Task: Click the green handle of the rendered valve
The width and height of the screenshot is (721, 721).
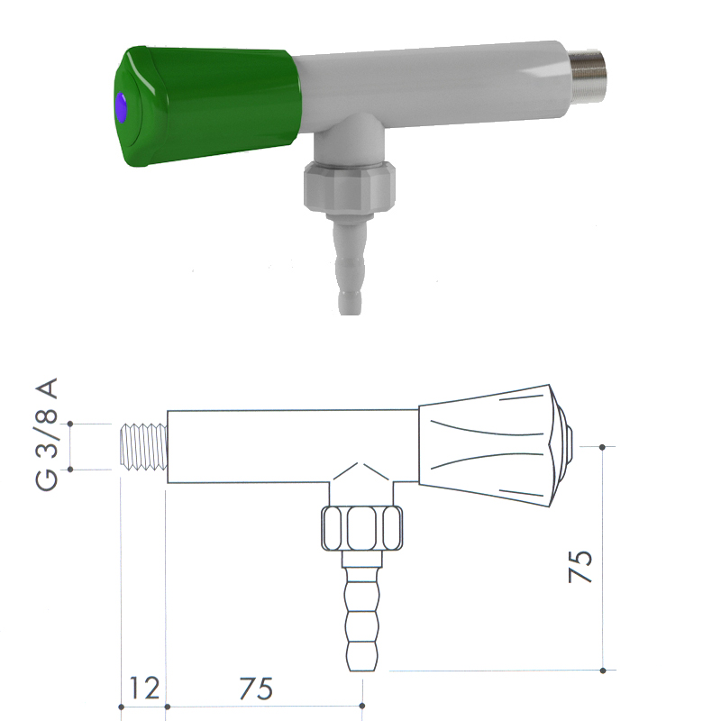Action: (207, 105)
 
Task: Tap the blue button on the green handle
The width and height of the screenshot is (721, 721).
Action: (122, 107)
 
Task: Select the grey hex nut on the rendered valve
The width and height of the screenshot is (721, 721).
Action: (349, 187)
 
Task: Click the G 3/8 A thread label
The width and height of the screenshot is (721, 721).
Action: (47, 434)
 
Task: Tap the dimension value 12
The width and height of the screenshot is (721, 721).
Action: (144, 688)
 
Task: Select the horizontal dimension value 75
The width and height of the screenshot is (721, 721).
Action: (256, 689)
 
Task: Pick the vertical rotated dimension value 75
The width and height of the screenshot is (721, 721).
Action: (580, 566)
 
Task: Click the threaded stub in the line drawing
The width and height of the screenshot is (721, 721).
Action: (144, 447)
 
